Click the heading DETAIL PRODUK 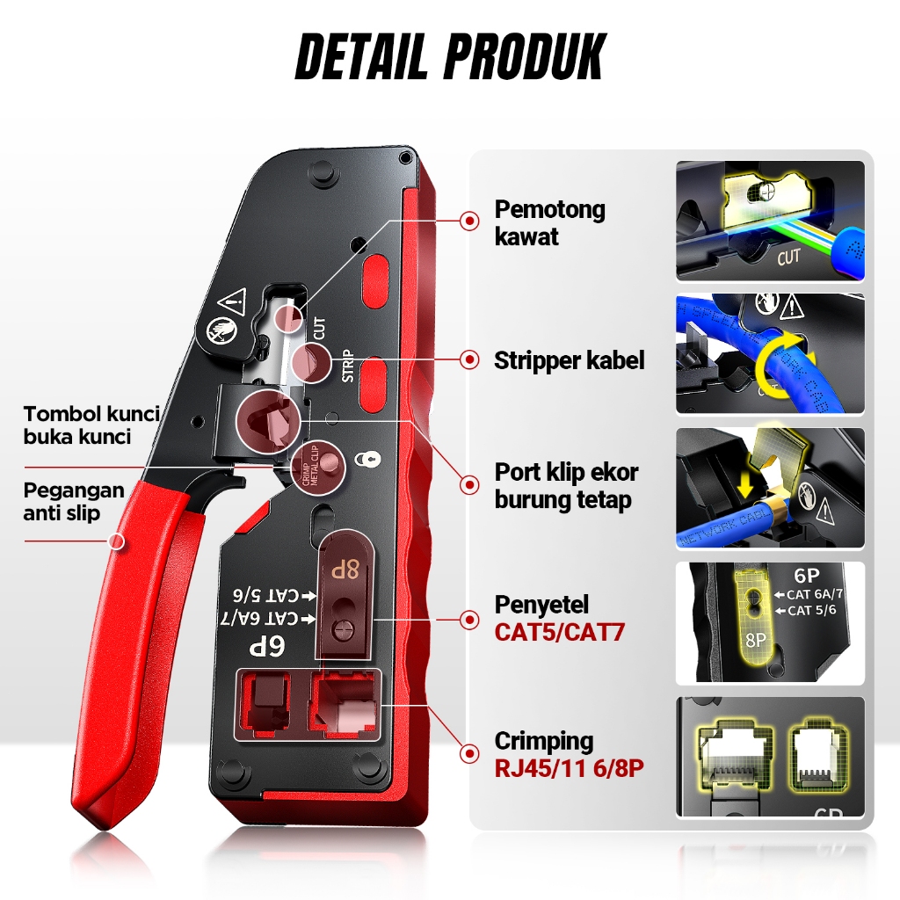pyautogui.click(x=449, y=57)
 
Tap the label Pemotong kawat pyautogui.click(x=549, y=222)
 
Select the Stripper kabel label pyautogui.click(x=569, y=360)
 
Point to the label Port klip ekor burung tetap pyautogui.click(x=565, y=486)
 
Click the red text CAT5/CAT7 pyautogui.click(x=559, y=631)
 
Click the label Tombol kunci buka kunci pyautogui.click(x=91, y=425)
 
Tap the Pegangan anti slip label pyautogui.click(x=74, y=501)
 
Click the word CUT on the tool pyautogui.click(x=319, y=329)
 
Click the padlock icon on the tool pyautogui.click(x=362, y=459)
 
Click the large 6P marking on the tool pyautogui.click(x=272, y=647)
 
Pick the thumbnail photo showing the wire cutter pyautogui.click(x=769, y=221)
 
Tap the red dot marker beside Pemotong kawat pyautogui.click(x=470, y=222)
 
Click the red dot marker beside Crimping pyautogui.click(x=470, y=753)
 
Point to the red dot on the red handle pyautogui.click(x=117, y=541)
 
